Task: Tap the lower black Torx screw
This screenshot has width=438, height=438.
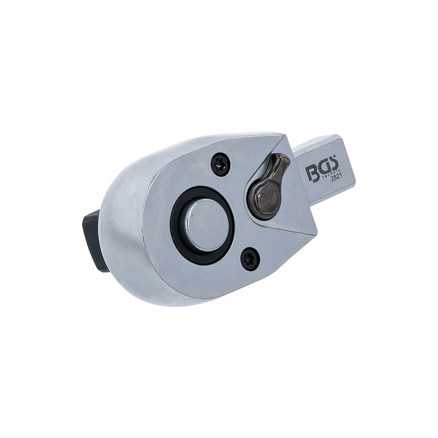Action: pos(250,259)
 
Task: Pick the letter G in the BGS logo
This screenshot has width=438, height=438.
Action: pos(321,169)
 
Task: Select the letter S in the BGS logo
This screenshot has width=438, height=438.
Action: pos(332,165)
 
